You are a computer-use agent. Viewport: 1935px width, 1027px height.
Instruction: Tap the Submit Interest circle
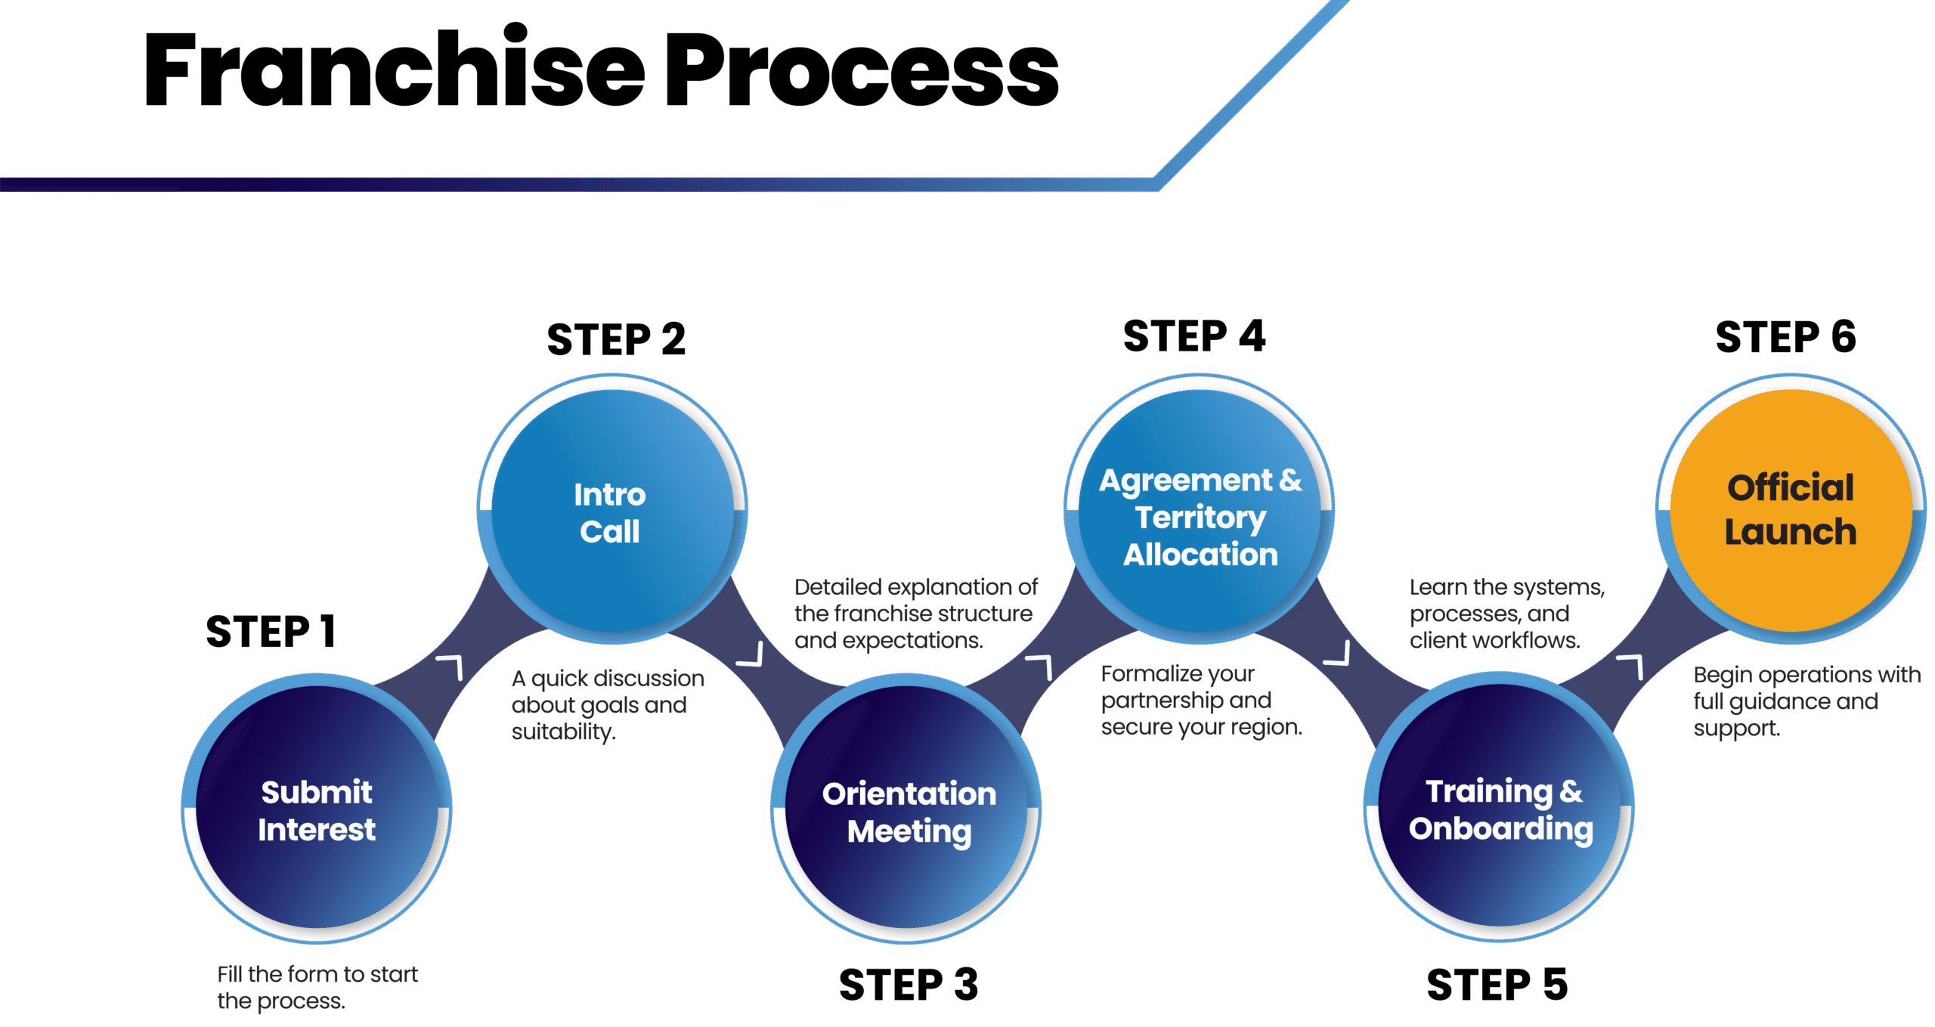[x=317, y=809]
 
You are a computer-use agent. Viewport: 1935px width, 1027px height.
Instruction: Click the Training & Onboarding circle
[x=1500, y=809]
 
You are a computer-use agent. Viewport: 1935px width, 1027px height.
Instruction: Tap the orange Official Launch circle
[x=1790, y=510]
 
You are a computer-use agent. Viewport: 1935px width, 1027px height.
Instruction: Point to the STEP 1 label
[x=270, y=632]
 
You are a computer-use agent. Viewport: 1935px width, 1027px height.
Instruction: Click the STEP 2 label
[x=616, y=339]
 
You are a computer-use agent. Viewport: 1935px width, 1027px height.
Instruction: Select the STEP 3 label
[x=909, y=985]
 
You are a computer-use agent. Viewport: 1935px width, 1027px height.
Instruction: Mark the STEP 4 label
[x=1194, y=336]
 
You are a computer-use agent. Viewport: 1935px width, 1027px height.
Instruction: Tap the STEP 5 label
[x=1497, y=985]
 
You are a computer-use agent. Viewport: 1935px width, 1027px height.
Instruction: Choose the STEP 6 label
[x=1785, y=337]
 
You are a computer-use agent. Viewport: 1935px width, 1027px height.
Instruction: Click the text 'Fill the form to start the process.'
[x=317, y=987]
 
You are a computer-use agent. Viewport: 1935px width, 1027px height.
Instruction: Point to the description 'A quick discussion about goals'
[x=607, y=704]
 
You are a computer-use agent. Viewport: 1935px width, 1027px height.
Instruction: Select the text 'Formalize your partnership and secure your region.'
[x=1200, y=700]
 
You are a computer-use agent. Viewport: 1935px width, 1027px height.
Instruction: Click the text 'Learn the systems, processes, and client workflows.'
[x=1506, y=614]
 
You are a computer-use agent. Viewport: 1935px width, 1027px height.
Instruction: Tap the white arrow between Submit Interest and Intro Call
[x=451, y=667]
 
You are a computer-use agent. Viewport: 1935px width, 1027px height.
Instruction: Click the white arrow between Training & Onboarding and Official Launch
[x=1631, y=667]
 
